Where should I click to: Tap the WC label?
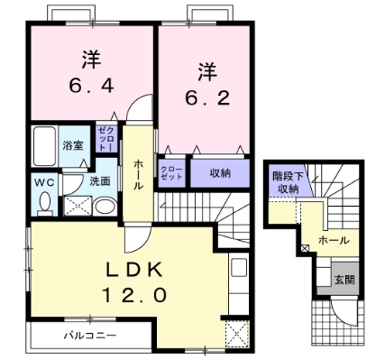click(x=44, y=180)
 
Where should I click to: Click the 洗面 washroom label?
click(x=99, y=180)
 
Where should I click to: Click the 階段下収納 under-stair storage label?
click(x=288, y=182)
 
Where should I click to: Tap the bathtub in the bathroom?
click(x=43, y=144)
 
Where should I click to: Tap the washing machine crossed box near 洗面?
click(x=78, y=205)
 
